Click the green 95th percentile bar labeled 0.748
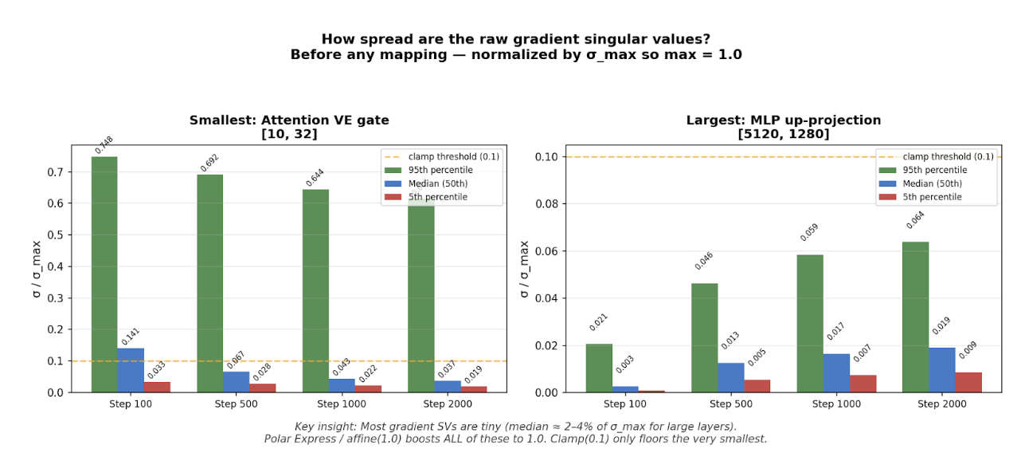pyautogui.click(x=104, y=274)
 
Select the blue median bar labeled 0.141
pyautogui.click(x=131, y=370)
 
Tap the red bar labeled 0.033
pyautogui.click(x=157, y=387)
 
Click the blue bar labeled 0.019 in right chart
pyautogui.click(x=941, y=370)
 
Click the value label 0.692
pyautogui.click(x=209, y=163)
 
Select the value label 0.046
pyautogui.click(x=703, y=261)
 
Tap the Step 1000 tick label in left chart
pyautogui.click(x=328, y=404)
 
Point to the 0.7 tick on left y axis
pyautogui.click(x=55, y=172)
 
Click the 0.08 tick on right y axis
pyautogui.click(x=546, y=204)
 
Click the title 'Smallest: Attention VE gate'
pyautogui.click(x=289, y=120)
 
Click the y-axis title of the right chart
pyautogui.click(x=524, y=269)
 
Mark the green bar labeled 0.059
pyautogui.click(x=810, y=323)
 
